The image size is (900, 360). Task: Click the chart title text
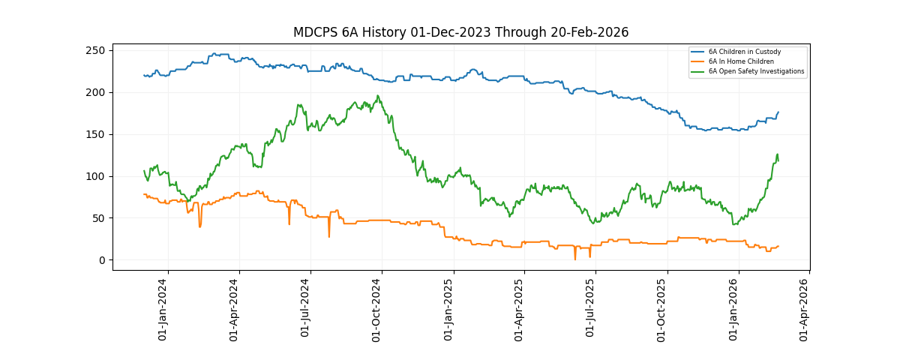point(460,32)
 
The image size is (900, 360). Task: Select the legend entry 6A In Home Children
point(741,61)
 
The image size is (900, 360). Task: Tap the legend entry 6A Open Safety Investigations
point(756,71)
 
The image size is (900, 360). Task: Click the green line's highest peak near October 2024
point(378,95)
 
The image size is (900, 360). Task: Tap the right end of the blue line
point(778,112)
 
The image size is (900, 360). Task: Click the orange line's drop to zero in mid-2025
point(575,259)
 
